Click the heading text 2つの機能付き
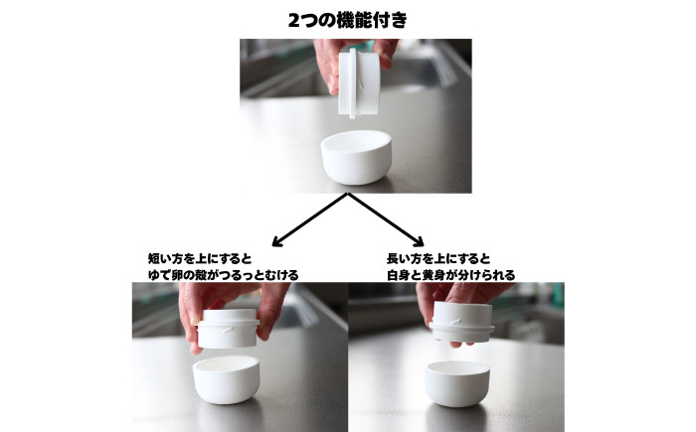[x=348, y=21]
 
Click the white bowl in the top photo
[x=356, y=157]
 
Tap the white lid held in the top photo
[x=359, y=83]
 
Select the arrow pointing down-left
[x=310, y=219]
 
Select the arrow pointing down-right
[x=386, y=219]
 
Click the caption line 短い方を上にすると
[x=200, y=258]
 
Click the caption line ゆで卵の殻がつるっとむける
[x=224, y=275]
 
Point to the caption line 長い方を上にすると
[x=438, y=258]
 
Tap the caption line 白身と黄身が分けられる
[x=451, y=275]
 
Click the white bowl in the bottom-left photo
[x=227, y=379]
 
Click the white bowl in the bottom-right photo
[x=457, y=383]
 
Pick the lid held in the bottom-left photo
[x=228, y=328]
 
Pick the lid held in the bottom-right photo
[x=461, y=323]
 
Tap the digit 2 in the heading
[x=294, y=21]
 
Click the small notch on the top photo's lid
[x=361, y=84]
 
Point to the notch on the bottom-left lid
[x=228, y=330]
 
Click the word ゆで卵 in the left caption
[x=165, y=275]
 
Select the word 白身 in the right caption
[x=398, y=275]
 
